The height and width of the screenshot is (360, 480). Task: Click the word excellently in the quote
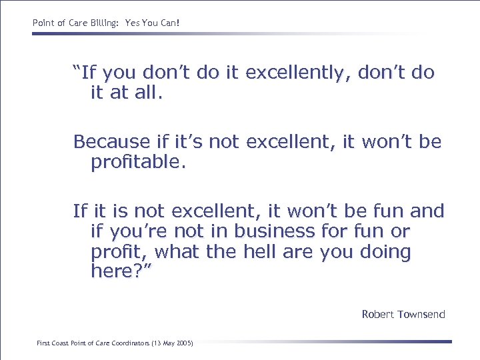click(x=299, y=73)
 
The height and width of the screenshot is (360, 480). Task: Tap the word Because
click(x=111, y=142)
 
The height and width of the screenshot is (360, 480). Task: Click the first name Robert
click(x=378, y=314)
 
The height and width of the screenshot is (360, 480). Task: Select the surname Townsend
click(x=421, y=314)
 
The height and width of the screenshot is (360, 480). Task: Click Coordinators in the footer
click(x=131, y=343)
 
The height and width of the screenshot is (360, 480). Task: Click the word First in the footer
click(x=43, y=343)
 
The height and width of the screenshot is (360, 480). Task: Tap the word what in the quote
click(x=165, y=253)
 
